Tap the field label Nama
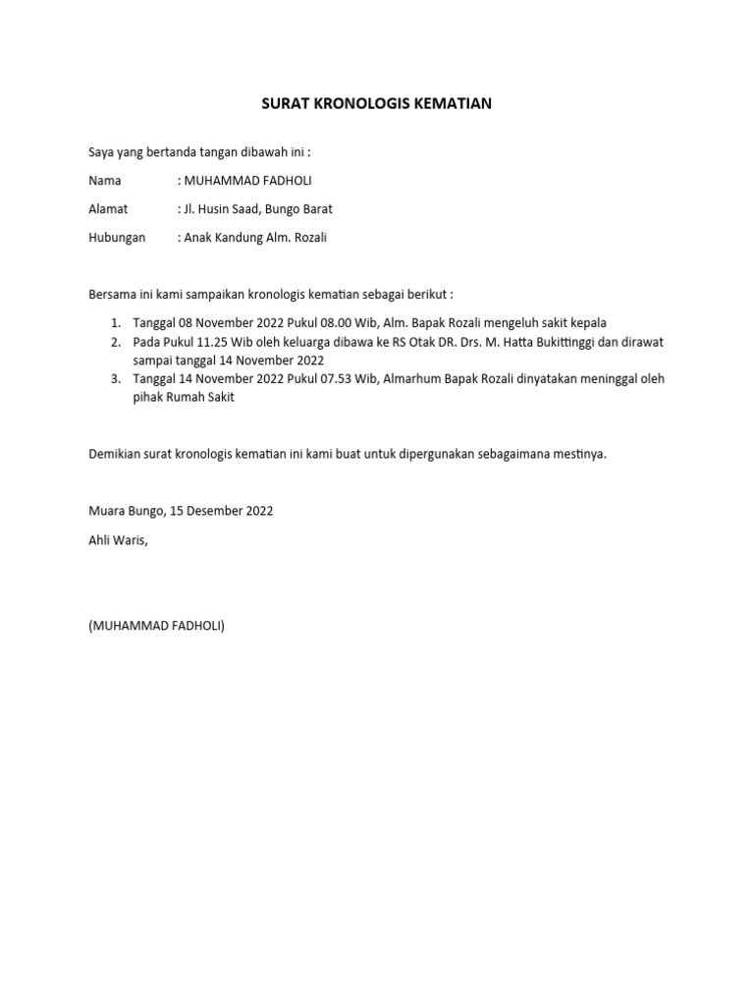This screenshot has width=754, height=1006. (x=105, y=181)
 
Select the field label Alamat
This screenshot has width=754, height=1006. (x=109, y=209)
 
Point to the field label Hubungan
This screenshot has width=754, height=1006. (x=117, y=238)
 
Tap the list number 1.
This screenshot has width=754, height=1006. (x=115, y=323)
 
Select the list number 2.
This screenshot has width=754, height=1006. (x=115, y=342)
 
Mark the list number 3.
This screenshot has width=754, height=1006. (x=115, y=379)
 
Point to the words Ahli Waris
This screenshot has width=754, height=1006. (x=117, y=539)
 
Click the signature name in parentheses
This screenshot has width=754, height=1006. (x=156, y=626)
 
